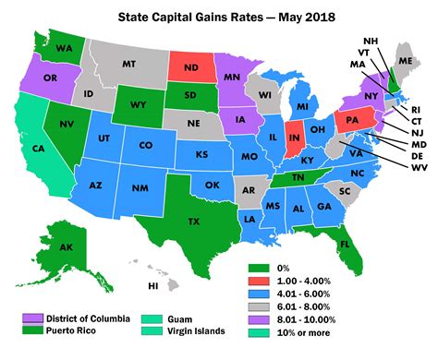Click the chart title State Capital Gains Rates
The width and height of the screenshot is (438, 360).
(219, 17)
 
